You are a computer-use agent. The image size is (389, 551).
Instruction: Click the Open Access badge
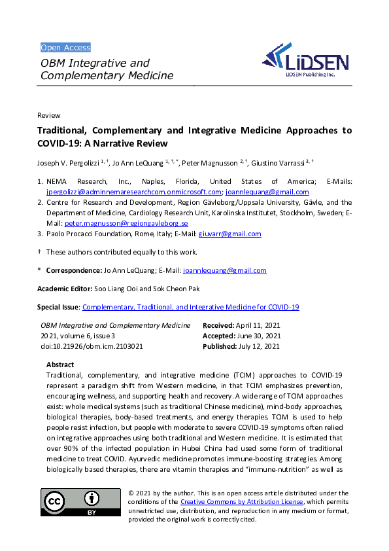pyautogui.click(x=65, y=48)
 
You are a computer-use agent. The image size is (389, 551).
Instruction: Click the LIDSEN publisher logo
pyautogui.click(x=307, y=63)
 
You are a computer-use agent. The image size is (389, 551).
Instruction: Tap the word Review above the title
pyautogui.click(x=49, y=115)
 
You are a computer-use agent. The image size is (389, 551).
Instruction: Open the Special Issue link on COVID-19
pyautogui.click(x=190, y=307)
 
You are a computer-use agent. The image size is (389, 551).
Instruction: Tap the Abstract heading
pyautogui.click(x=60, y=364)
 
